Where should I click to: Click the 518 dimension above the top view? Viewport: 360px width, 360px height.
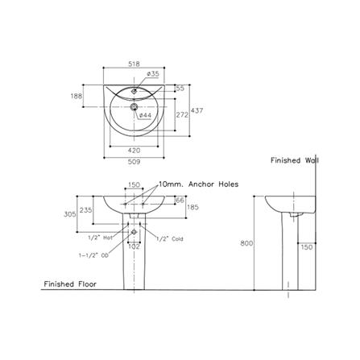pos(134,64)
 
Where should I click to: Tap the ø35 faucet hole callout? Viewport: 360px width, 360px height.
pos(153,74)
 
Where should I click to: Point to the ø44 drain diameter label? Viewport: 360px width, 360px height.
pos(145,115)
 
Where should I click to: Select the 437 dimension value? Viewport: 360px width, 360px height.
pos(197,110)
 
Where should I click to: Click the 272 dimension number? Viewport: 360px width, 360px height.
pos(182,115)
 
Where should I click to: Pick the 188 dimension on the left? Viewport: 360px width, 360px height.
pos(77,96)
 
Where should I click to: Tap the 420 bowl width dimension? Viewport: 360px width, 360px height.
pos(134,151)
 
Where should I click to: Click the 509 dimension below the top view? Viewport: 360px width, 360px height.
pos(134,162)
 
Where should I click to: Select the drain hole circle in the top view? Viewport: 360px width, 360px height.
pos(134,107)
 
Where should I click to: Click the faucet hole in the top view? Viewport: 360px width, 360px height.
pos(134,92)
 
